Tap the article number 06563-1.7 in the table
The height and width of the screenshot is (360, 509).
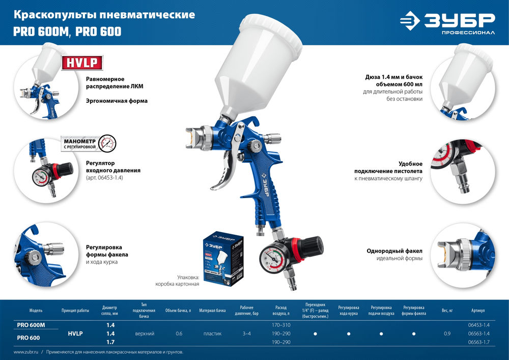point(478,342)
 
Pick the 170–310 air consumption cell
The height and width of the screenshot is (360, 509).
point(281,324)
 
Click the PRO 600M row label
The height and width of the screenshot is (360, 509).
point(32,325)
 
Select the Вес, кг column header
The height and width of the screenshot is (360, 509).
point(446,310)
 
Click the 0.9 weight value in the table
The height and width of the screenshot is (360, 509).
point(447,334)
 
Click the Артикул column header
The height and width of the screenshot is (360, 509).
point(478,310)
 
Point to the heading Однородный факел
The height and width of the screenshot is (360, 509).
point(394,251)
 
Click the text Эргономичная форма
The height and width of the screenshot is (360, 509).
point(117,101)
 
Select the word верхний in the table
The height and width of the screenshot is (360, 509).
point(144,334)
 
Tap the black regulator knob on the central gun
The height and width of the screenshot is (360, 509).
point(312,246)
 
